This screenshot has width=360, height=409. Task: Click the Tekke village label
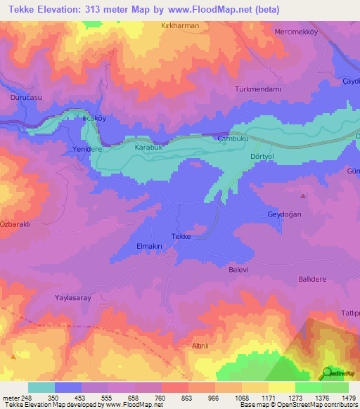coord(181,238)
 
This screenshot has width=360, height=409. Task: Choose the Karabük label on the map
coord(148,148)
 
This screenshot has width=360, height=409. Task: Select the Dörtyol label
coord(265,156)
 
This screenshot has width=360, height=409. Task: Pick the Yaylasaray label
coord(74,298)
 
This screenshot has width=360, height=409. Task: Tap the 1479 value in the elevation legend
coord(349,398)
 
